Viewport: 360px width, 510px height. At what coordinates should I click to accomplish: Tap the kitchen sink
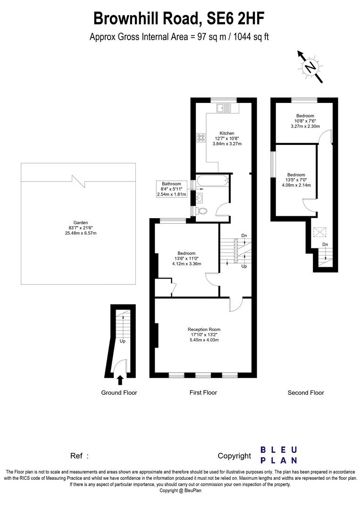pos(225,108)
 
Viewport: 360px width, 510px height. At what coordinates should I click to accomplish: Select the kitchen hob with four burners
pos(201,138)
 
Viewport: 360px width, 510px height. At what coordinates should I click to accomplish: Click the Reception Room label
pos(204,329)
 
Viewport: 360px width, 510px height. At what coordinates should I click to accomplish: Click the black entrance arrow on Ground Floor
pos(120,379)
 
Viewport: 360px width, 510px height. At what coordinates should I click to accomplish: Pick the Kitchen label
pos(226,133)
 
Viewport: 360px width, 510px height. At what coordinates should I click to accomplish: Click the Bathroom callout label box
pos(172,189)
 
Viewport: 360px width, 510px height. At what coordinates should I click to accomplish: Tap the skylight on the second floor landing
pos(320,232)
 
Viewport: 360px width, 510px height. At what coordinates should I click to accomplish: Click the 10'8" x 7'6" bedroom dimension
pos(305,121)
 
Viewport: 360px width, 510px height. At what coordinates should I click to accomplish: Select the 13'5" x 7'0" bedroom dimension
pos(296,180)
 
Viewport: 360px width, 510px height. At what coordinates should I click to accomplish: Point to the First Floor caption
pos(204,392)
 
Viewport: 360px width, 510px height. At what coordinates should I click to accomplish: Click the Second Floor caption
pos(306,392)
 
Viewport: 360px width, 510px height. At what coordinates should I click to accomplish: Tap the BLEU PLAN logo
pos(279,455)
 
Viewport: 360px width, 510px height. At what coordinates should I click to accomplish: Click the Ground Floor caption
pos(119,392)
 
